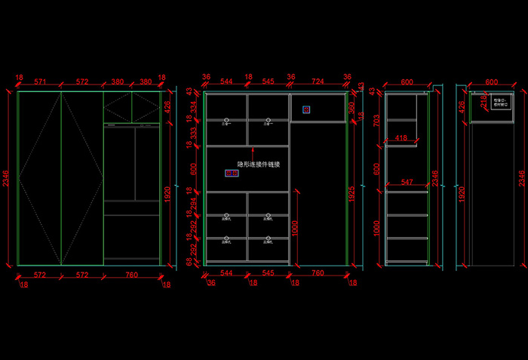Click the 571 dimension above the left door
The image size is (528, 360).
(40, 82)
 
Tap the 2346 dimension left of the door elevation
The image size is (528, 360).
(7, 179)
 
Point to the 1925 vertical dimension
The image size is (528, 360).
(351, 193)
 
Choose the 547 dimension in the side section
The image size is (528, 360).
(407, 183)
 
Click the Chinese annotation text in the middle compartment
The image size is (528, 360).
(259, 164)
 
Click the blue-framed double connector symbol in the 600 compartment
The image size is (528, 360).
(232, 174)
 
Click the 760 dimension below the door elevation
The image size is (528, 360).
(131, 275)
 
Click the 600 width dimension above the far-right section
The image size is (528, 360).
(491, 82)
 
